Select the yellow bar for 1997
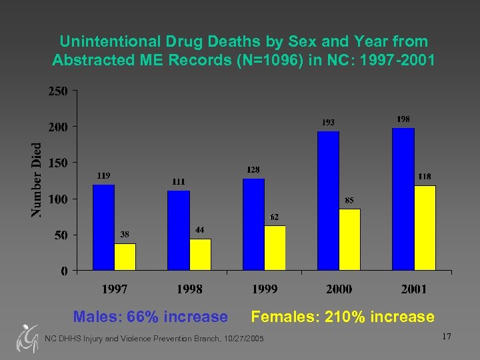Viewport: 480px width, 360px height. (x=125, y=257)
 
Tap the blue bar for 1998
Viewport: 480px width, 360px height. (x=179, y=230)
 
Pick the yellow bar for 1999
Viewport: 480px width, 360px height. (x=275, y=247)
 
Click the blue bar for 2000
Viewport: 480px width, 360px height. (x=329, y=200)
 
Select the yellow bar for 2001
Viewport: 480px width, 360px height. (x=425, y=227)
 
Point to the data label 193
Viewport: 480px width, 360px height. (x=328, y=122)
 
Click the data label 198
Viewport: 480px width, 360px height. (x=403, y=119)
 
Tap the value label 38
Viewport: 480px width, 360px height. (x=125, y=234)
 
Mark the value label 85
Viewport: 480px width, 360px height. (x=349, y=199)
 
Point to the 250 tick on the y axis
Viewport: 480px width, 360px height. (x=57, y=91)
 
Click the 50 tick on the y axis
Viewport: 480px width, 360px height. (x=60, y=235)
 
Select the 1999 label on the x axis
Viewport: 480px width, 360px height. (x=264, y=289)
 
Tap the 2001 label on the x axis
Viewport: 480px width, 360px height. (x=413, y=289)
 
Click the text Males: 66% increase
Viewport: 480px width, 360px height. (x=150, y=317)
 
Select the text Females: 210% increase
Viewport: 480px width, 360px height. (x=343, y=317)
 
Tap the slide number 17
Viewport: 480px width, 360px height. (x=446, y=337)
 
